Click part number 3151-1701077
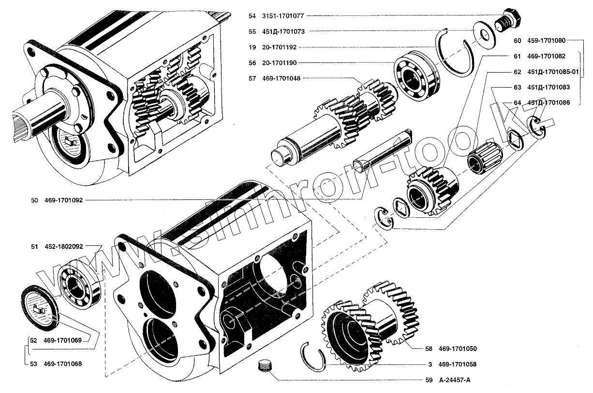click(282, 16)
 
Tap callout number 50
click(34, 200)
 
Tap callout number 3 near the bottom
click(429, 364)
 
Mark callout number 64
click(518, 103)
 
